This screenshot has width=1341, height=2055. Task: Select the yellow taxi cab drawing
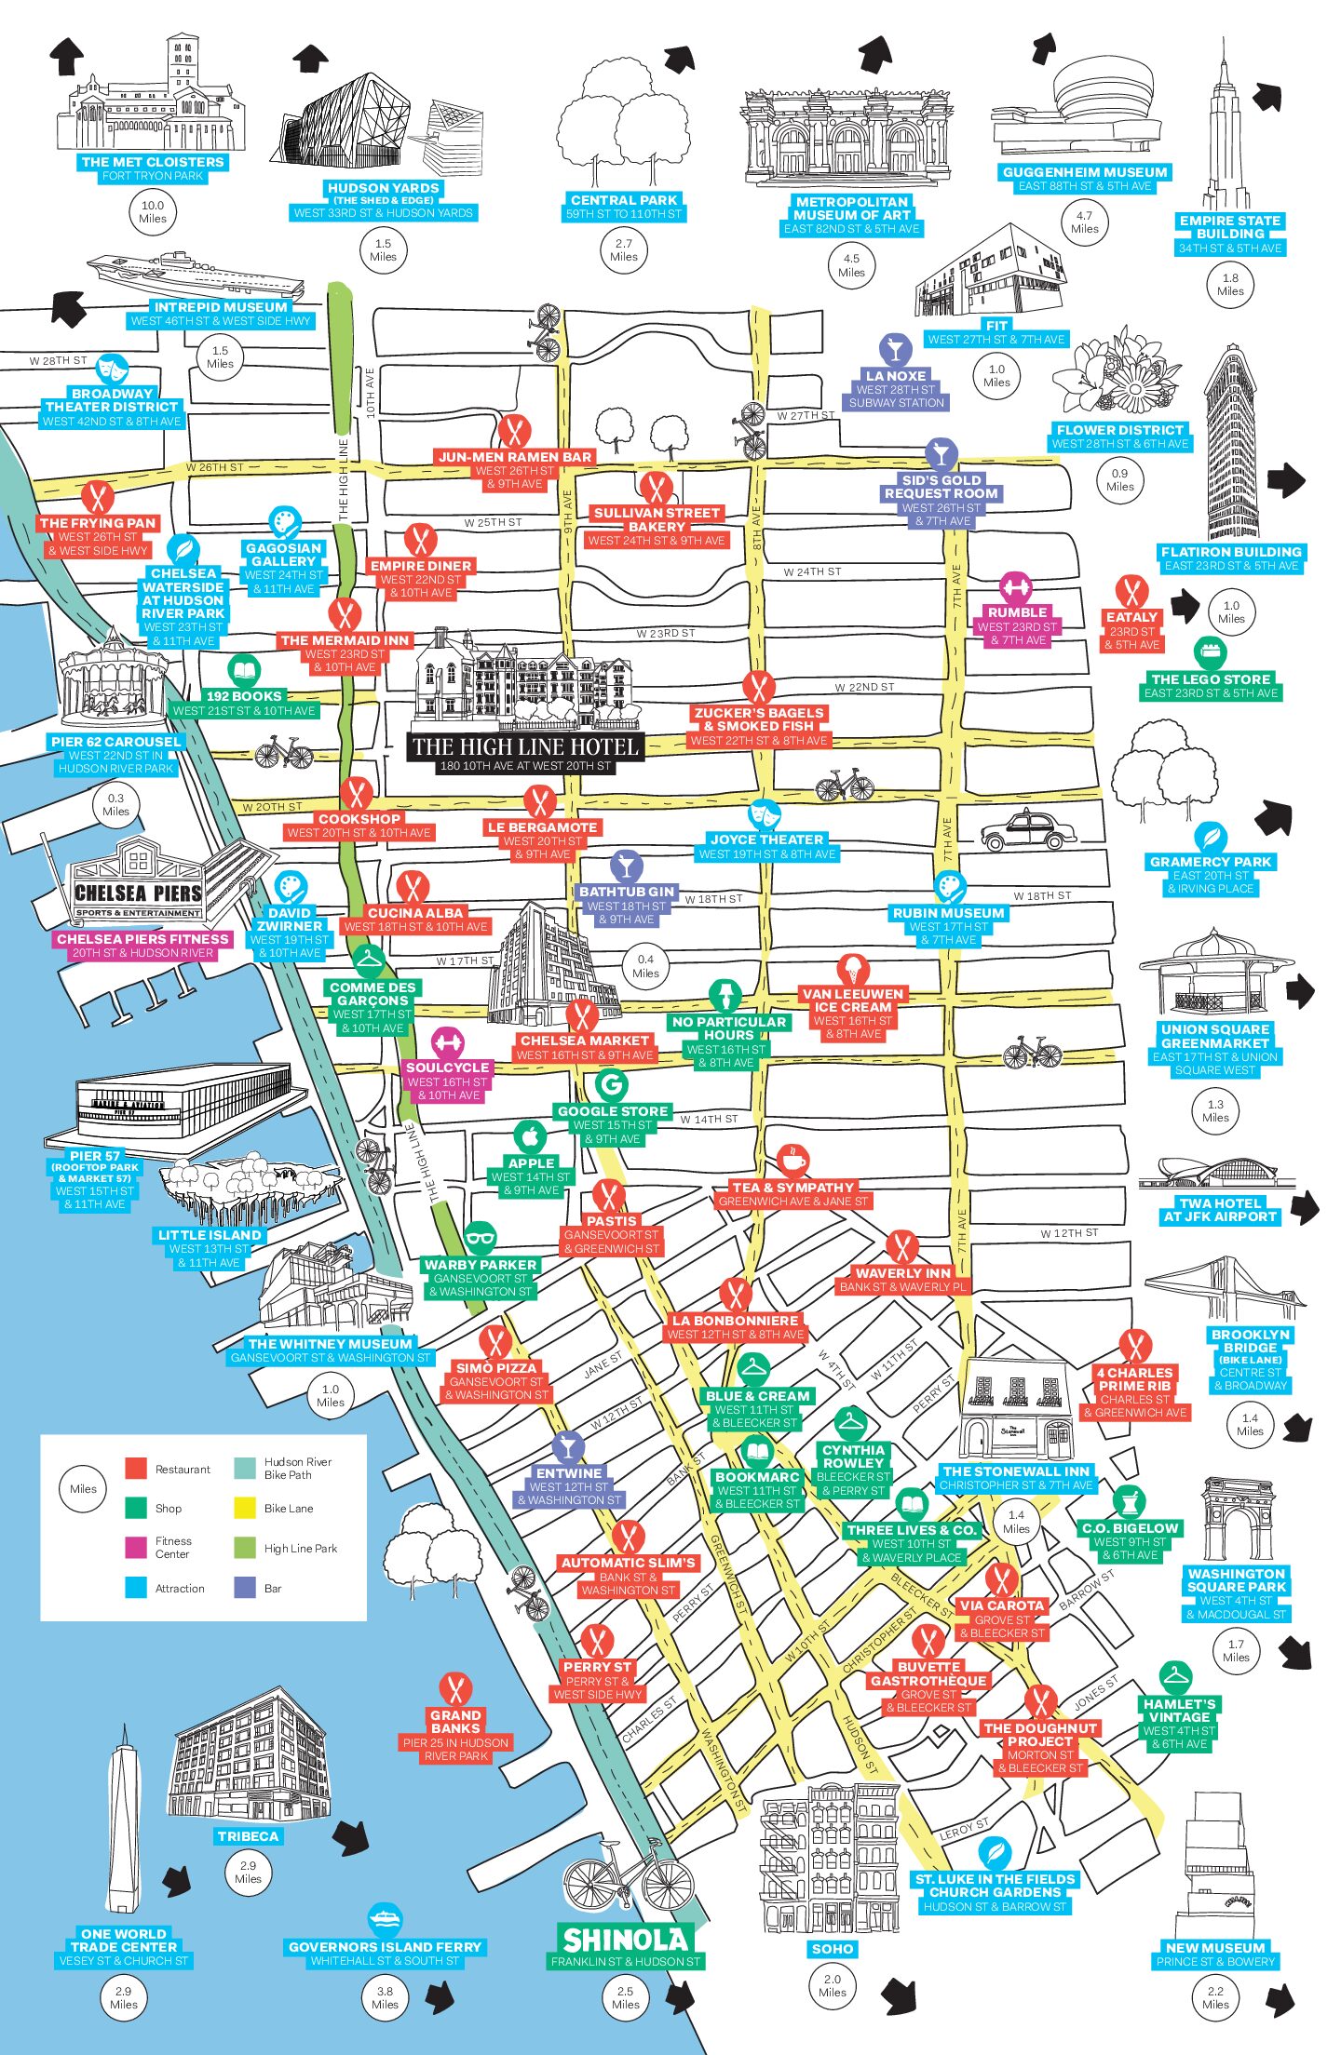click(1028, 830)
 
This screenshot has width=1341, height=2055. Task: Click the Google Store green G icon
click(611, 1084)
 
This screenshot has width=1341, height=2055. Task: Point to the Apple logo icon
click(530, 1137)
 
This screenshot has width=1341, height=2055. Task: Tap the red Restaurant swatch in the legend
click(136, 1469)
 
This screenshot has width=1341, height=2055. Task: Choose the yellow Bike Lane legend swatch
click(245, 1508)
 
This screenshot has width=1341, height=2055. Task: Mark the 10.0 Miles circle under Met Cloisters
click(153, 212)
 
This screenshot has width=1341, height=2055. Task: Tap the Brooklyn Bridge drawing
click(1222, 1288)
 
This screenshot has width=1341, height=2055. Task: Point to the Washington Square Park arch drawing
click(1236, 1519)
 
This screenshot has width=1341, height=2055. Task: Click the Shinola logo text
click(625, 1940)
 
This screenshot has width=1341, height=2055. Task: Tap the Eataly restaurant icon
click(1131, 592)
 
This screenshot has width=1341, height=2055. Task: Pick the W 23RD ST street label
click(666, 633)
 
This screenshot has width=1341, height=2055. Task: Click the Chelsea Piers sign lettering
click(139, 893)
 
